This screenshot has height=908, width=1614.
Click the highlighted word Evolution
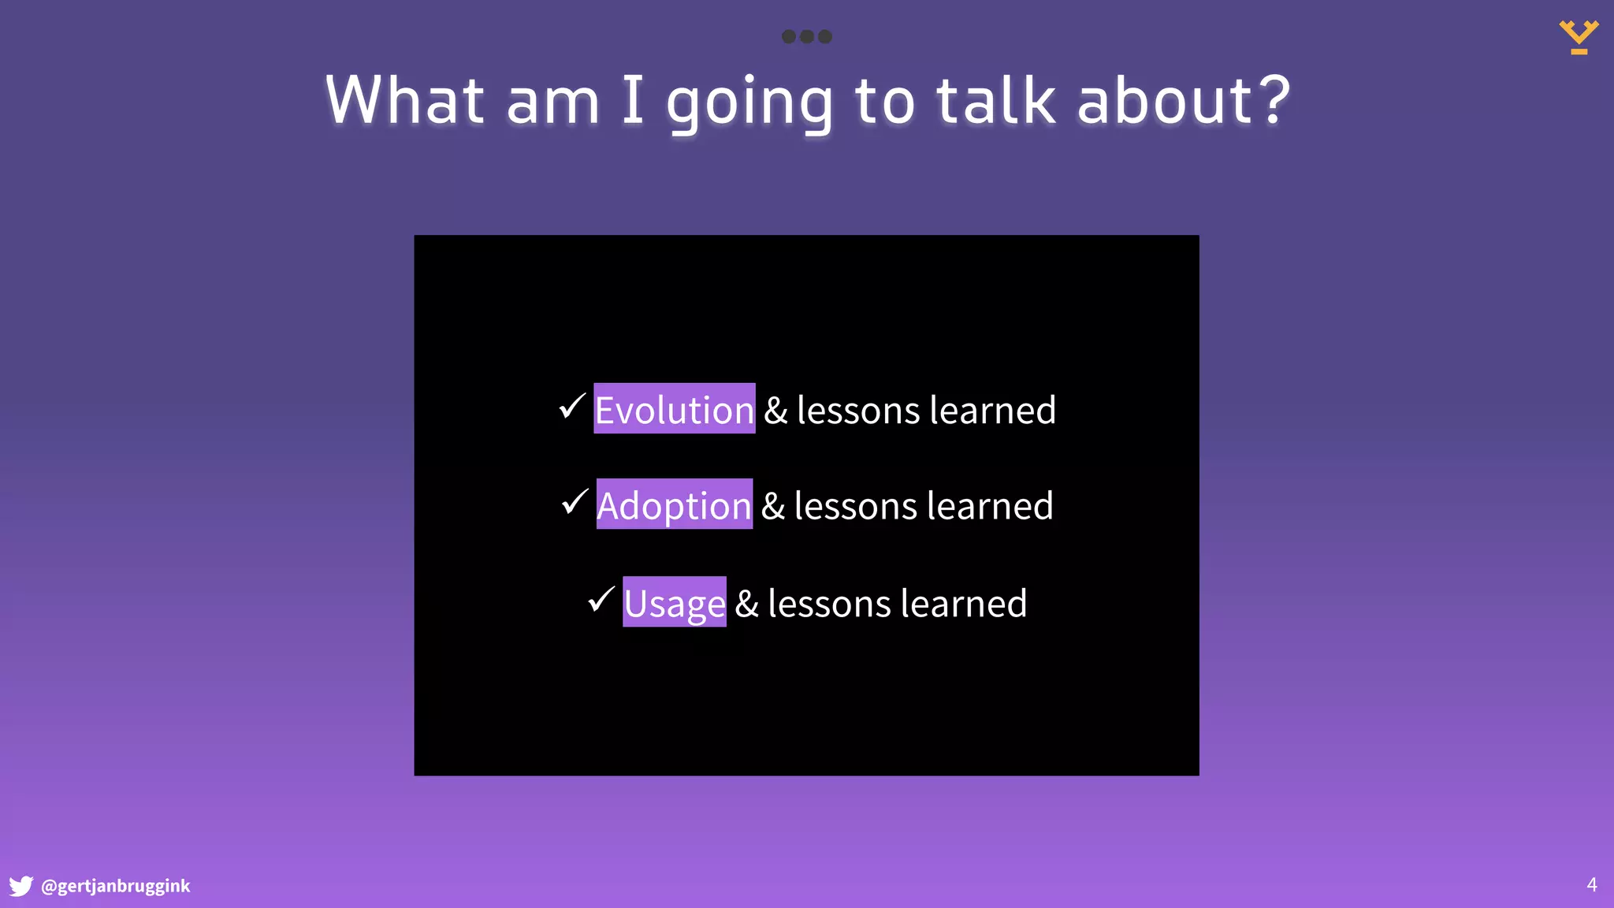tap(674, 409)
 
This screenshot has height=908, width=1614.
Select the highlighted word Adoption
tap(674, 504)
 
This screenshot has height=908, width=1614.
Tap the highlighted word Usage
tap(674, 602)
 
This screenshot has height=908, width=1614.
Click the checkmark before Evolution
tap(571, 406)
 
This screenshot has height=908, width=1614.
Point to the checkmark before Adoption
tap(575, 501)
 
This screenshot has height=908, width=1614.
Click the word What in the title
tap(404, 100)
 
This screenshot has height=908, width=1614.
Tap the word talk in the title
tap(995, 100)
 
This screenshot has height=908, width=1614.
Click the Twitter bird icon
tap(20, 886)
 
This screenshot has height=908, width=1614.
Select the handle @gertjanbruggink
tap(115, 886)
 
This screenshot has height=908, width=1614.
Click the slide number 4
tap(1591, 884)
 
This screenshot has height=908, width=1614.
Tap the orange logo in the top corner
tap(1579, 37)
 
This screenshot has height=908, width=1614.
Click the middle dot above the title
tap(806, 36)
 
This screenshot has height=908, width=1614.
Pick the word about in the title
tap(1164, 100)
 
